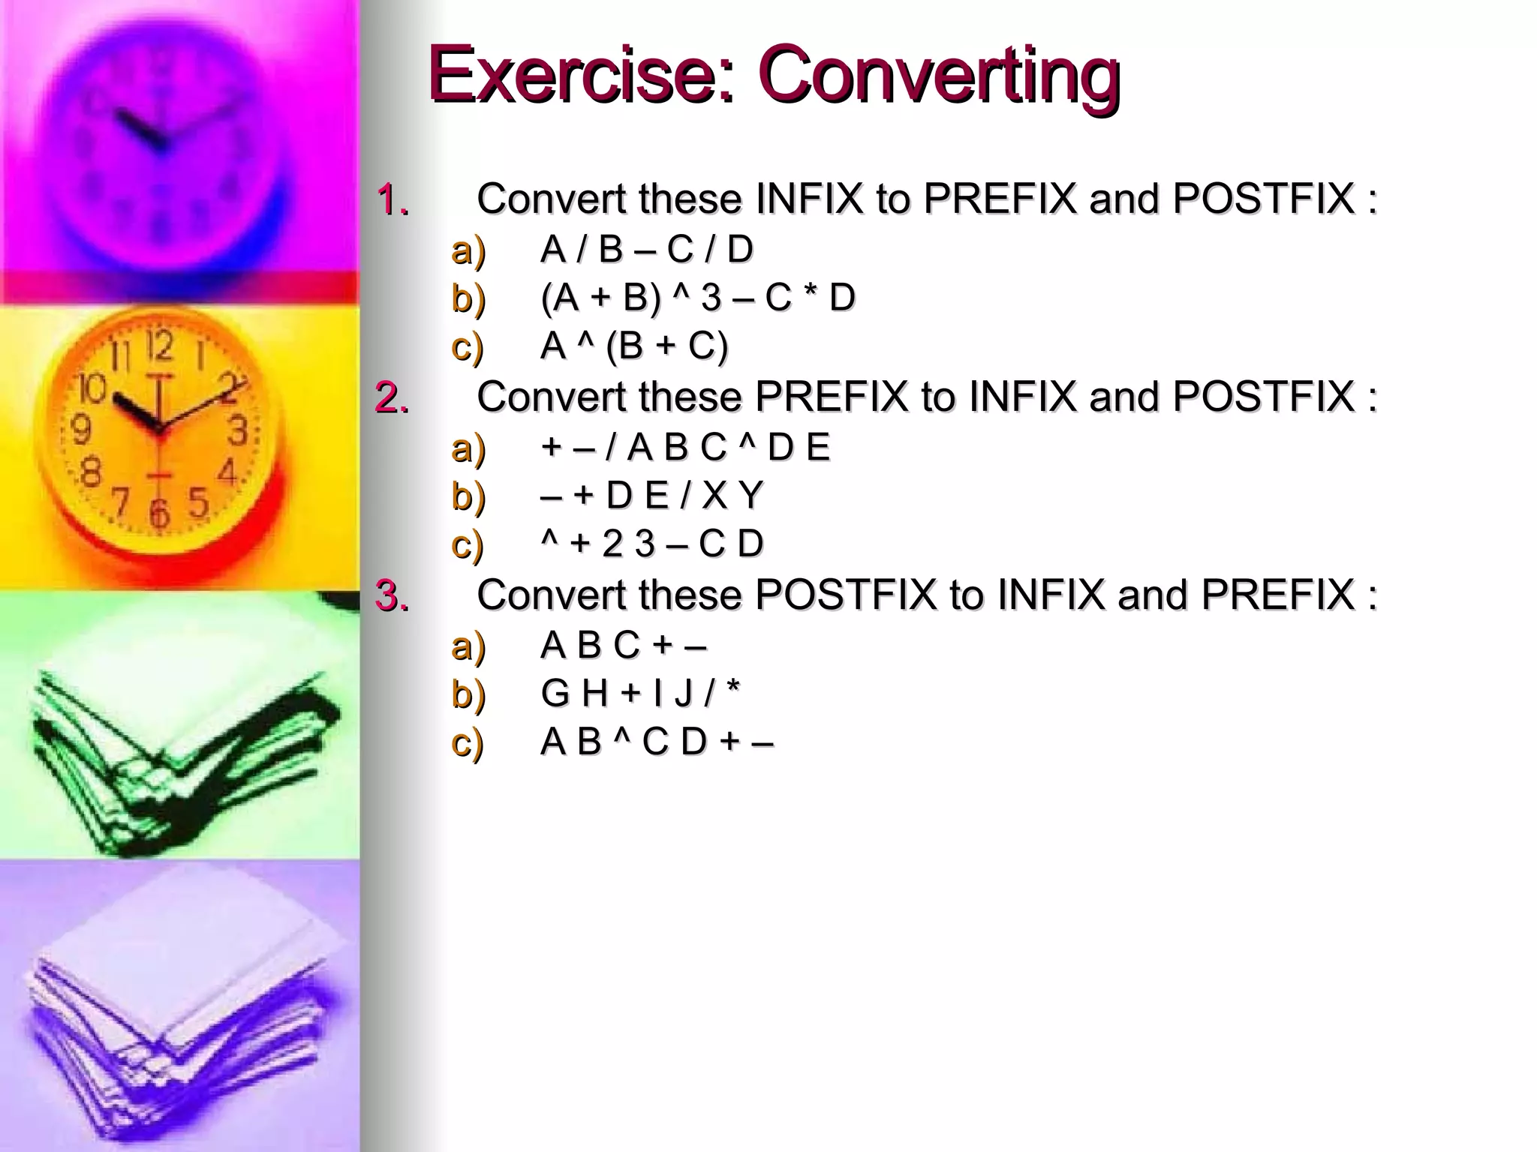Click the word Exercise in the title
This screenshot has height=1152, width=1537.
pos(578,75)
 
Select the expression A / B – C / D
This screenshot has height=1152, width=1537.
pos(646,250)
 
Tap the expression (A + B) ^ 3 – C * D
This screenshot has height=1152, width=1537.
pos(697,298)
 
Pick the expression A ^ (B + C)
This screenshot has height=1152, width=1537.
pos(634,346)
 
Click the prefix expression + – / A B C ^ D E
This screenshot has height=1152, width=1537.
pos(684,448)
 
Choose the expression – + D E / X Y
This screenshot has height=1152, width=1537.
pos(651,496)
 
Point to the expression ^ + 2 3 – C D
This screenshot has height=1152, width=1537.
pos(651,544)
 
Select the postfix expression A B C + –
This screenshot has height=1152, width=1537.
pos(623,645)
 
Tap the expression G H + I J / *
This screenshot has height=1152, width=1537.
pos(639,693)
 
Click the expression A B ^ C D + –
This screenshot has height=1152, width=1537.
pos(657,742)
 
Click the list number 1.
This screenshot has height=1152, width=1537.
pos(393,200)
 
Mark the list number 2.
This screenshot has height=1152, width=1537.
pos(393,397)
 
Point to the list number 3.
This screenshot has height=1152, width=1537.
pos(393,595)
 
